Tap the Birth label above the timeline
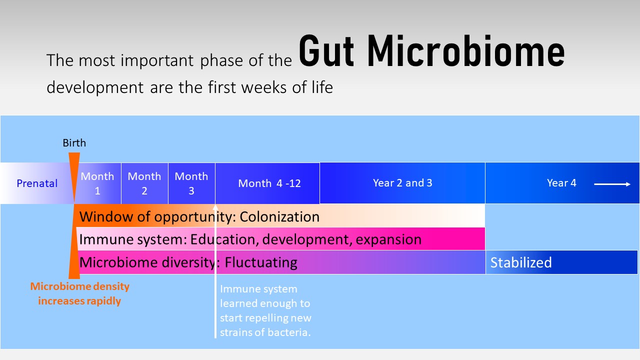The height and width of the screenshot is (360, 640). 74,143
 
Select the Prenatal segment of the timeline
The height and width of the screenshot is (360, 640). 37,183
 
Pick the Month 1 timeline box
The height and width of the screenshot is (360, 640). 97,183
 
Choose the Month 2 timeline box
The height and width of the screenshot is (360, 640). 144,183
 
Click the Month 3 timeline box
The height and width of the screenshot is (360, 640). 191,183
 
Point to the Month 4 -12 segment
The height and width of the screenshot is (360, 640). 269,183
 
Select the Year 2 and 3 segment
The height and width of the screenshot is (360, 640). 402,183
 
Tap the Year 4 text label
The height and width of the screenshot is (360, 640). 561,183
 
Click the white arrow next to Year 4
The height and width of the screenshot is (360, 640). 612,184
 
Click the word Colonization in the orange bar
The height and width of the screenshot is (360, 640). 279,216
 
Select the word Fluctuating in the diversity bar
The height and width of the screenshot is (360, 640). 260,262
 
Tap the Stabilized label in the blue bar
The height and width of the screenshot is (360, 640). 520,262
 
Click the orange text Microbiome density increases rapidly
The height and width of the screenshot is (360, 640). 80,293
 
